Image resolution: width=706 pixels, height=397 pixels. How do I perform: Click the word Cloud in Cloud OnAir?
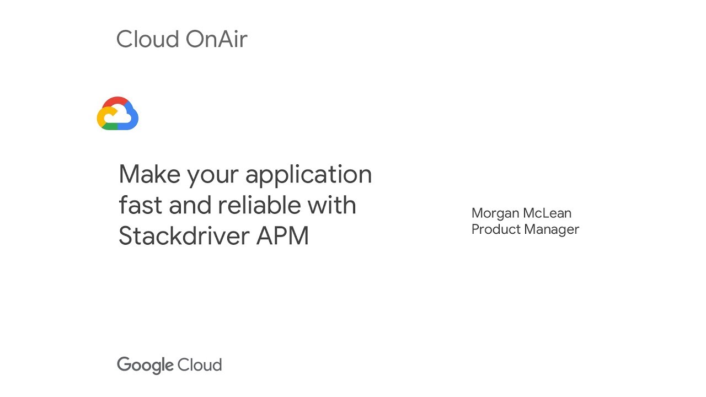[x=147, y=39]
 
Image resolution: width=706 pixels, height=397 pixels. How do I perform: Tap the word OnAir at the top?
[x=216, y=39]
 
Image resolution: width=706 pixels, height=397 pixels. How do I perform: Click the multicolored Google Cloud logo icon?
[x=117, y=114]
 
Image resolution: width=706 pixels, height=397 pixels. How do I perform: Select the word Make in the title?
[x=149, y=174]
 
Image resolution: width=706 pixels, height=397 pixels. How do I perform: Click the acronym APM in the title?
[x=282, y=236]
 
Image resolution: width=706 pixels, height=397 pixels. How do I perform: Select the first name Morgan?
[x=494, y=213]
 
